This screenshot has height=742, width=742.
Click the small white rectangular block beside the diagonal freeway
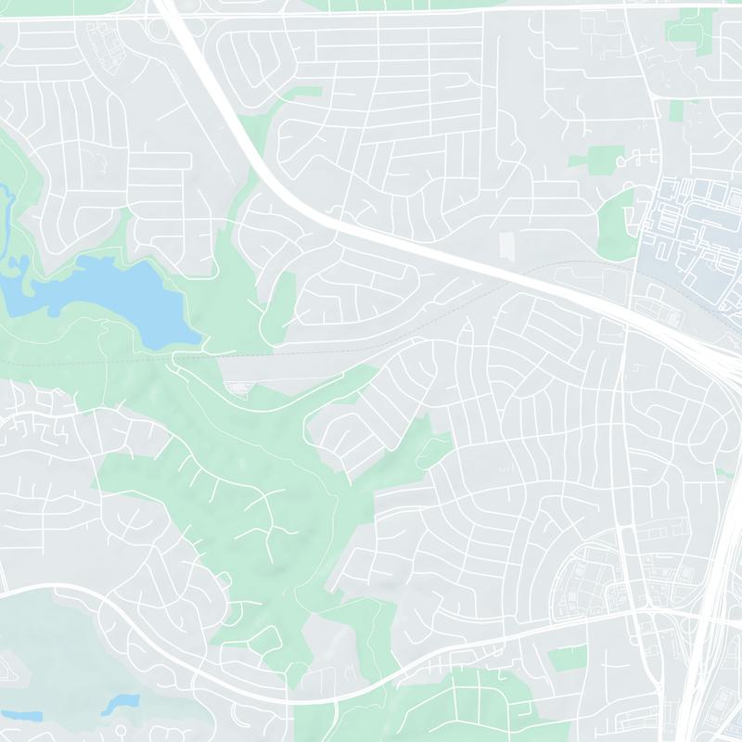[506, 246]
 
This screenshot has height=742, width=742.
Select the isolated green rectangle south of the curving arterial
[567, 658]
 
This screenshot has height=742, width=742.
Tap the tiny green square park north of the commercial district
[677, 110]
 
